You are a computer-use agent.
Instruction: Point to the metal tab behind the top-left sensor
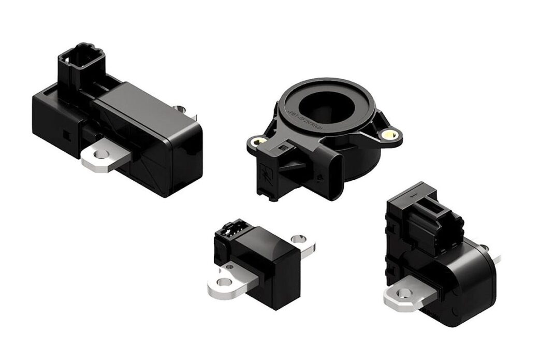pyautogui.click(x=180, y=109)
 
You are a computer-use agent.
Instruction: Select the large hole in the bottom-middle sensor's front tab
pyautogui.click(x=224, y=282)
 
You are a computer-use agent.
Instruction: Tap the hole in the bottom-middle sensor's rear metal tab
pyautogui.click(x=297, y=239)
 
